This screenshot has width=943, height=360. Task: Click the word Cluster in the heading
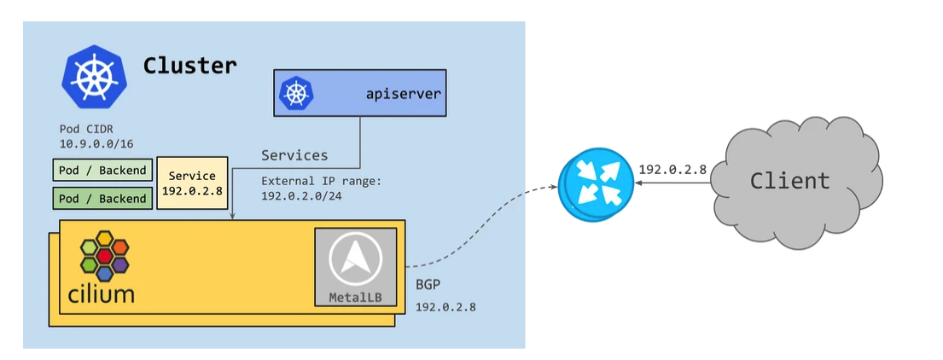pyautogui.click(x=189, y=65)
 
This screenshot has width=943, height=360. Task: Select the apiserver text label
pyautogui.click(x=404, y=93)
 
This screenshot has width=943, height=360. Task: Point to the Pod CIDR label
pyautogui.click(x=81, y=130)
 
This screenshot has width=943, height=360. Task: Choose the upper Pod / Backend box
pyautogui.click(x=102, y=171)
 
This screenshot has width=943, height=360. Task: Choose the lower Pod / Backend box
pyautogui.click(x=102, y=199)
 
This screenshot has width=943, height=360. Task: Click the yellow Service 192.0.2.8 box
pyautogui.click(x=192, y=183)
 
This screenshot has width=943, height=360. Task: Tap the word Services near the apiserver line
pyautogui.click(x=294, y=155)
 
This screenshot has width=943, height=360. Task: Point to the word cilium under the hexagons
pyautogui.click(x=102, y=295)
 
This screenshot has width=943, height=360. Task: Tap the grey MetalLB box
pyautogui.click(x=355, y=267)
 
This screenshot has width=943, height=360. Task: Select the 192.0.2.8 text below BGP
pyautogui.click(x=445, y=306)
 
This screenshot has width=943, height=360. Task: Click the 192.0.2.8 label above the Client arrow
pyautogui.click(x=672, y=169)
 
